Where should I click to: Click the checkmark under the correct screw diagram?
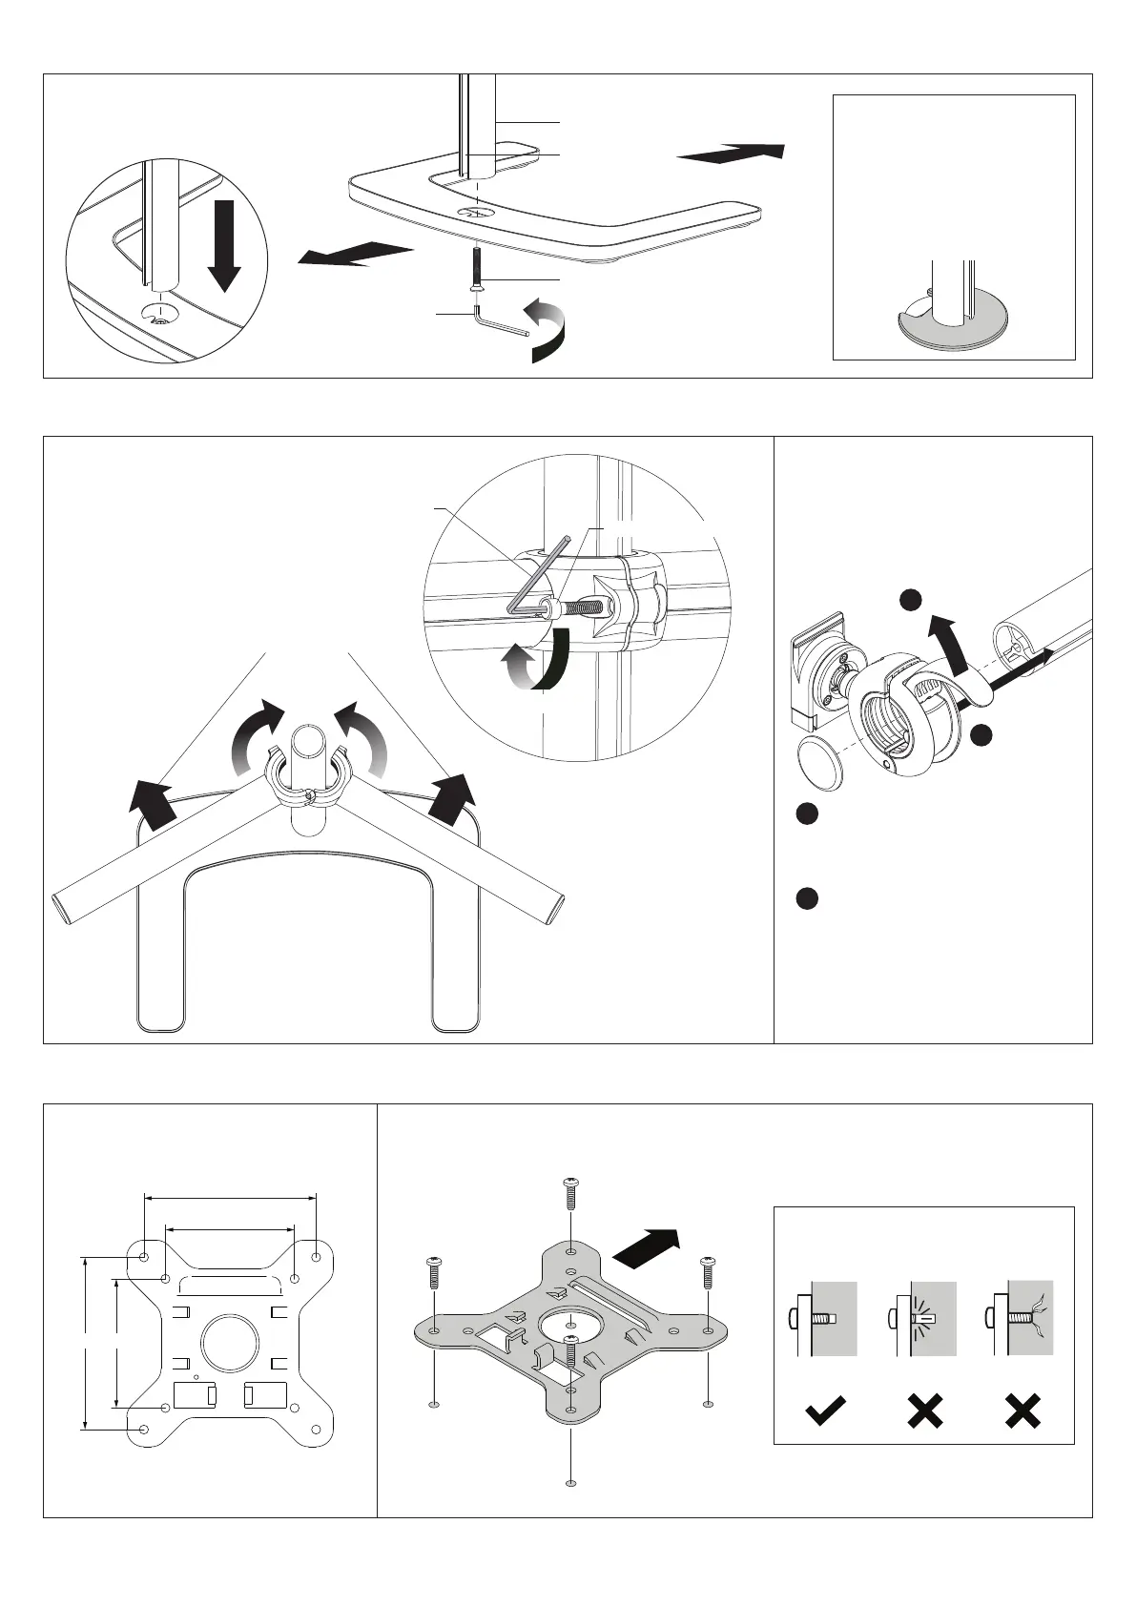click(825, 1410)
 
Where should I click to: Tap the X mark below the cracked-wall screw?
click(1022, 1410)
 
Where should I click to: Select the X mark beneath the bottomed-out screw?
click(924, 1410)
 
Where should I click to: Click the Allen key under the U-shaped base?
click(496, 322)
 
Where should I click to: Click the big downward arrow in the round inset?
click(224, 243)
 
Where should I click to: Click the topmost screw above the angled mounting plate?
click(569, 1192)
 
